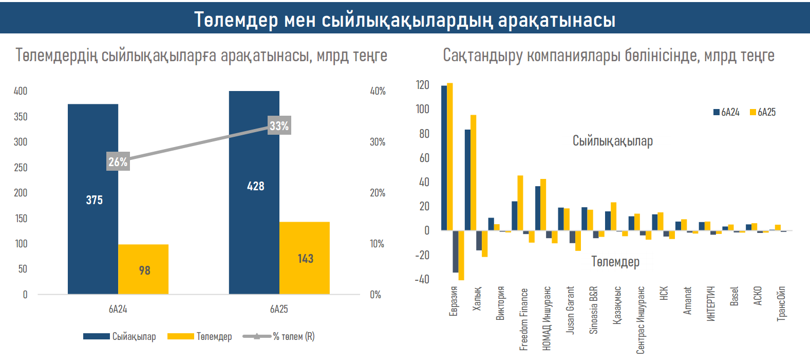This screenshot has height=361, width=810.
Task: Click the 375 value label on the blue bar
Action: pyautogui.click(x=95, y=200)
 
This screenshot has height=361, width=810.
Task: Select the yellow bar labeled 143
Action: pyautogui.click(x=305, y=258)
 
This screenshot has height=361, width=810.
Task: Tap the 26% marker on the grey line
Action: pyautogui.click(x=118, y=162)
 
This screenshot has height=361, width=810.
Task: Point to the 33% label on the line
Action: pyautogui.click(x=279, y=125)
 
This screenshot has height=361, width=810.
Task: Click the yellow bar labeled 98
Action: pyautogui.click(x=143, y=269)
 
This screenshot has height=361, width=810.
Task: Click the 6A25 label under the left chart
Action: pyautogui.click(x=279, y=309)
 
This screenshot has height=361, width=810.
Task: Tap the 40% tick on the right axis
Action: pyautogui.click(x=378, y=91)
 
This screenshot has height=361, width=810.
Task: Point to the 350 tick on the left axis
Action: pyautogui.click(x=21, y=117)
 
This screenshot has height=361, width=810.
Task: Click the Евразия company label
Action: pyautogui.click(x=453, y=301)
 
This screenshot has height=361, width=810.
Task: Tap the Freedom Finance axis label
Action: pyautogui.click(x=523, y=319)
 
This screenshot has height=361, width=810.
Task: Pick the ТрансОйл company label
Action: pyautogui.click(x=781, y=303)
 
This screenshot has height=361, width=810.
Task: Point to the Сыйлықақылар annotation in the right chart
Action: pyautogui.click(x=613, y=141)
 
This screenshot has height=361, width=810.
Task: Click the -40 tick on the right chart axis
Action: pyautogui.click(x=422, y=279)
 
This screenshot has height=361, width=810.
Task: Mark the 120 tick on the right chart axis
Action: pyautogui.click(x=423, y=85)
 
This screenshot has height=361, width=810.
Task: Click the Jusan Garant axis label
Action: pyautogui.click(x=570, y=310)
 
